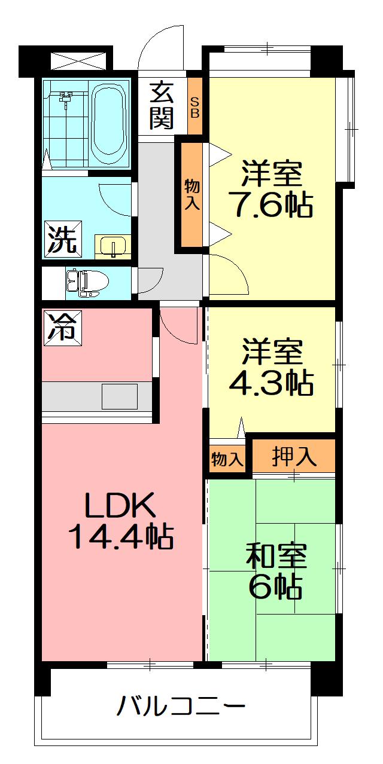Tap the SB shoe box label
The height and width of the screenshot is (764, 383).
pyautogui.click(x=194, y=108)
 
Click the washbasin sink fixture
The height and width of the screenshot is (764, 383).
pyautogui.click(x=113, y=245)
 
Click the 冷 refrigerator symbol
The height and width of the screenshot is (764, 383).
pyautogui.click(x=62, y=328)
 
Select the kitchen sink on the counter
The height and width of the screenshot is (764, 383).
pyautogui.click(x=120, y=397)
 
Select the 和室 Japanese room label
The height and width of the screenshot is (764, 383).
pyautogui.click(x=276, y=555)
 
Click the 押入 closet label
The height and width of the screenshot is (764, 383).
pyautogui.click(x=294, y=457)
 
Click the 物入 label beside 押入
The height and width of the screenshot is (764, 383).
pyautogui.click(x=227, y=459)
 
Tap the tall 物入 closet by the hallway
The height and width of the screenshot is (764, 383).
pyautogui.click(x=192, y=195)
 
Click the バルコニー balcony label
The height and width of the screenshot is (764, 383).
pyautogui.click(x=181, y=705)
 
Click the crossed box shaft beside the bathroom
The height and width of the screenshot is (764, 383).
pyautogui.click(x=79, y=61)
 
